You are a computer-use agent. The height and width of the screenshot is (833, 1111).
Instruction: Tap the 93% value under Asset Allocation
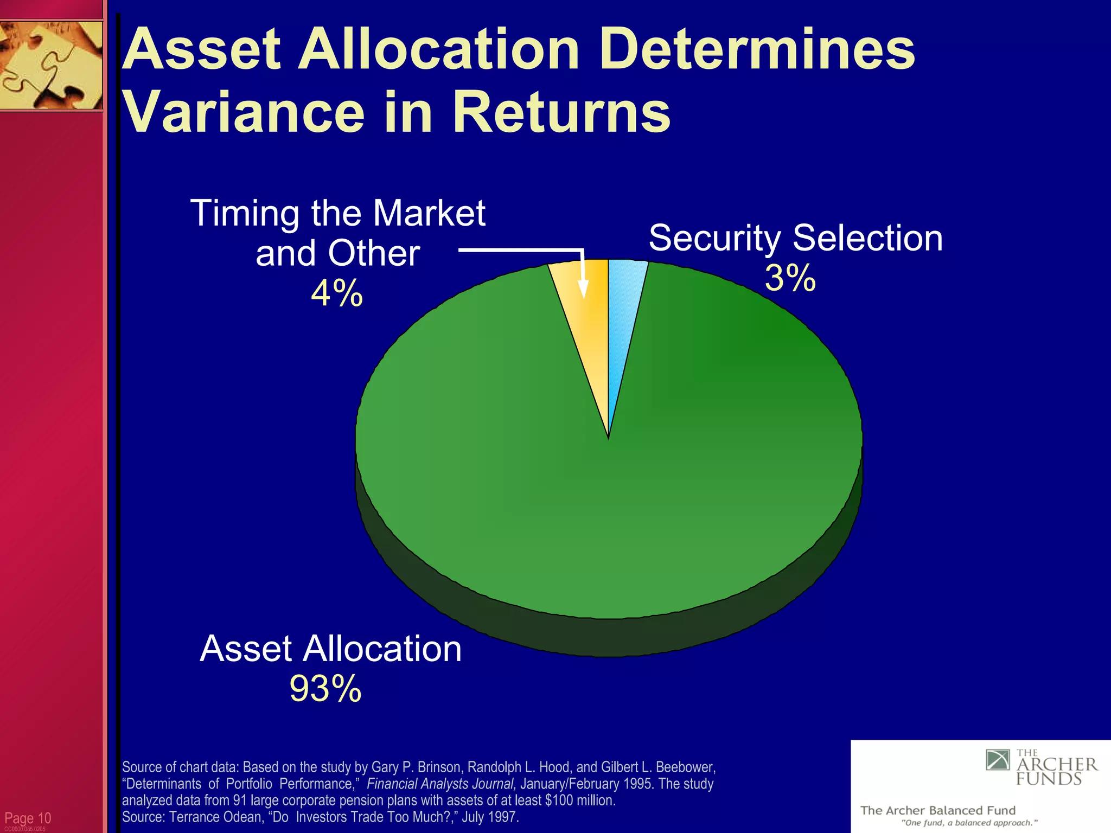[325, 689]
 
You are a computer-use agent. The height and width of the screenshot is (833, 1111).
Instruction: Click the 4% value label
[336, 293]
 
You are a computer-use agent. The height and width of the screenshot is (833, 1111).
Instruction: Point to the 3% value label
[790, 278]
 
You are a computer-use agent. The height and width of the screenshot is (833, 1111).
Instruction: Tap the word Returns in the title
[562, 113]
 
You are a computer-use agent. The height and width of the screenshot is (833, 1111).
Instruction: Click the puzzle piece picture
[51, 65]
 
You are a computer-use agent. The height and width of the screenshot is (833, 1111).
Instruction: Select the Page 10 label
[28, 818]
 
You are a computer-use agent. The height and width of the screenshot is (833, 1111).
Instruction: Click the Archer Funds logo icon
[998, 760]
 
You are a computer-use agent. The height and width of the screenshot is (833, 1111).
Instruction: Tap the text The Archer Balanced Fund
[937, 810]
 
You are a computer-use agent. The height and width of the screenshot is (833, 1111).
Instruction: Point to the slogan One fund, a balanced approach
[969, 823]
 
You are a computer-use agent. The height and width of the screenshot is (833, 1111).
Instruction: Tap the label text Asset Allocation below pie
[330, 649]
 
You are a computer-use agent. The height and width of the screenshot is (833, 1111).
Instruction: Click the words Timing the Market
[337, 213]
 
